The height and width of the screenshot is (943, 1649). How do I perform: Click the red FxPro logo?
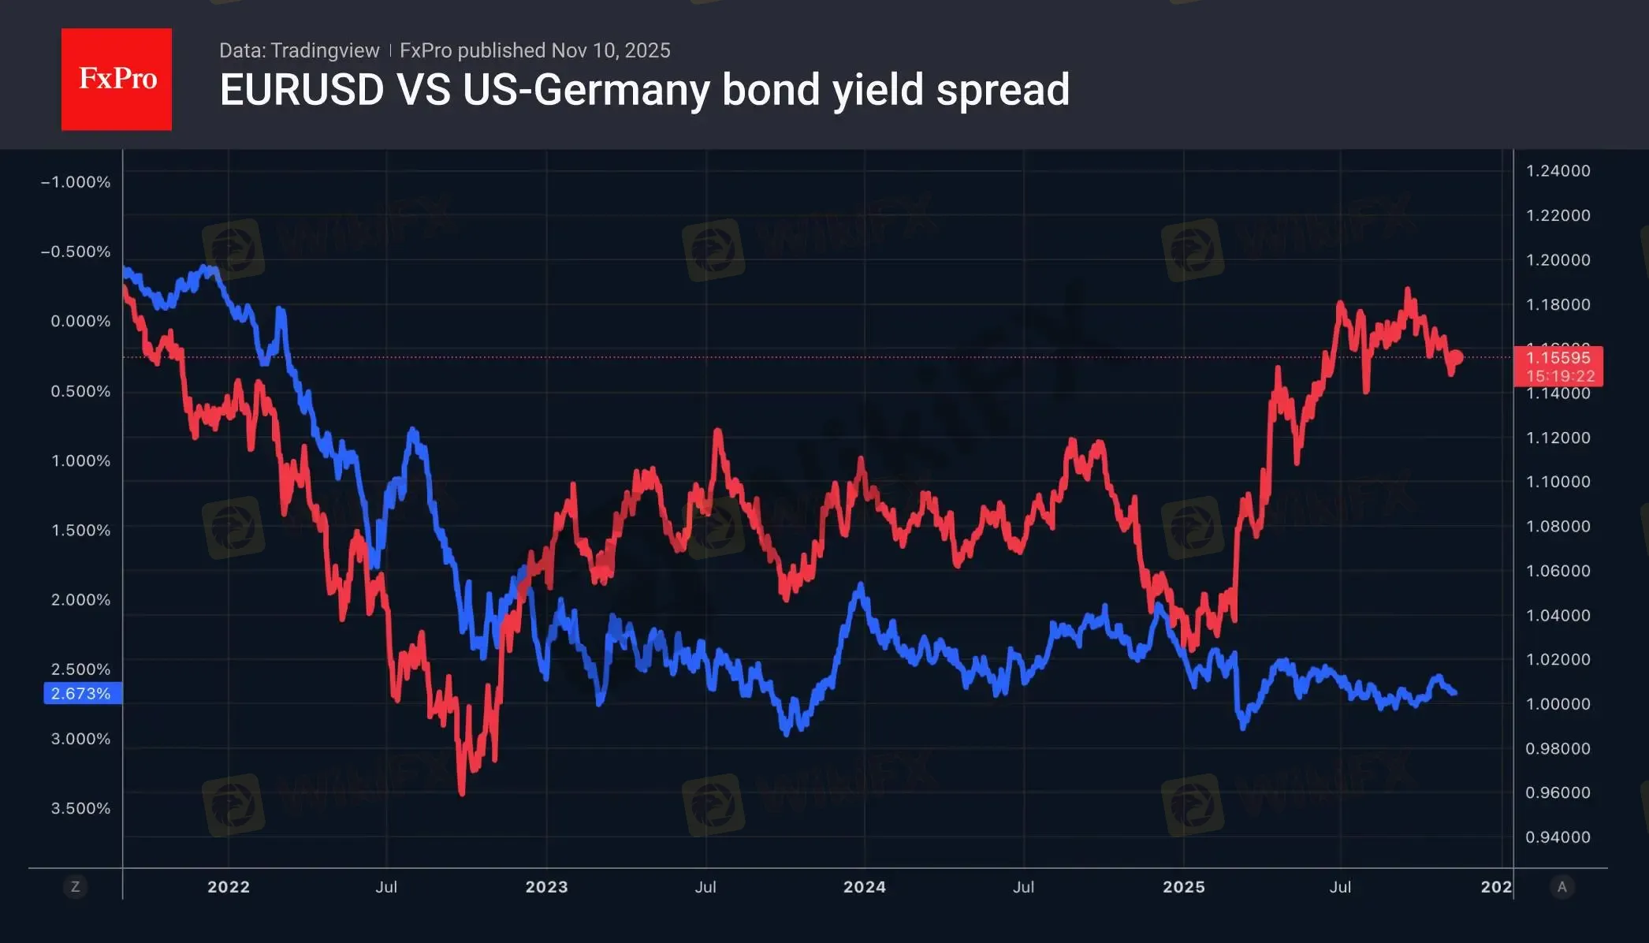tap(117, 79)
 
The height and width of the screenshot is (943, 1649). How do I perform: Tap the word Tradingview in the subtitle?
tap(325, 50)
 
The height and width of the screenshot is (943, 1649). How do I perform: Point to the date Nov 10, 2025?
tap(611, 50)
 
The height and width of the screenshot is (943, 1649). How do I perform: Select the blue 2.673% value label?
tap(81, 694)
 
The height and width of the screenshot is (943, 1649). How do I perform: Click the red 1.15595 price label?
tap(1558, 358)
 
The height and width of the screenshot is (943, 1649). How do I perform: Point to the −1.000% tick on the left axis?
tap(76, 182)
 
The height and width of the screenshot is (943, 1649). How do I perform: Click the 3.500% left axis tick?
tap(80, 808)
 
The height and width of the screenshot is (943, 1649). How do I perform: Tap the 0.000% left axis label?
tap(80, 321)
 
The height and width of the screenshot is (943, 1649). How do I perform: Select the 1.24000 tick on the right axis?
tap(1558, 171)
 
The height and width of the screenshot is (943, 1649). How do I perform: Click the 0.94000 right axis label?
tap(1558, 837)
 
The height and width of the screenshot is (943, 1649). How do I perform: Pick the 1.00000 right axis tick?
tap(1558, 704)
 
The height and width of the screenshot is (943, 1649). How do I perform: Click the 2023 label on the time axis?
tap(546, 887)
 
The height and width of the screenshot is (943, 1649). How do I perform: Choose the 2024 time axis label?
tap(864, 887)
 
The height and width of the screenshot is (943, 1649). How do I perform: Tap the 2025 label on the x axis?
tap(1183, 887)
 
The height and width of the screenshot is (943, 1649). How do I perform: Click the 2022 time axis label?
tap(229, 887)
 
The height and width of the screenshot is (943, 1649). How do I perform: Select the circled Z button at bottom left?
tap(76, 887)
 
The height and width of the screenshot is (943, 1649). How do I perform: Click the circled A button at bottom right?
tap(1562, 887)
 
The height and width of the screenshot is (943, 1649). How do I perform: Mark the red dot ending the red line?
tap(1457, 358)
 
